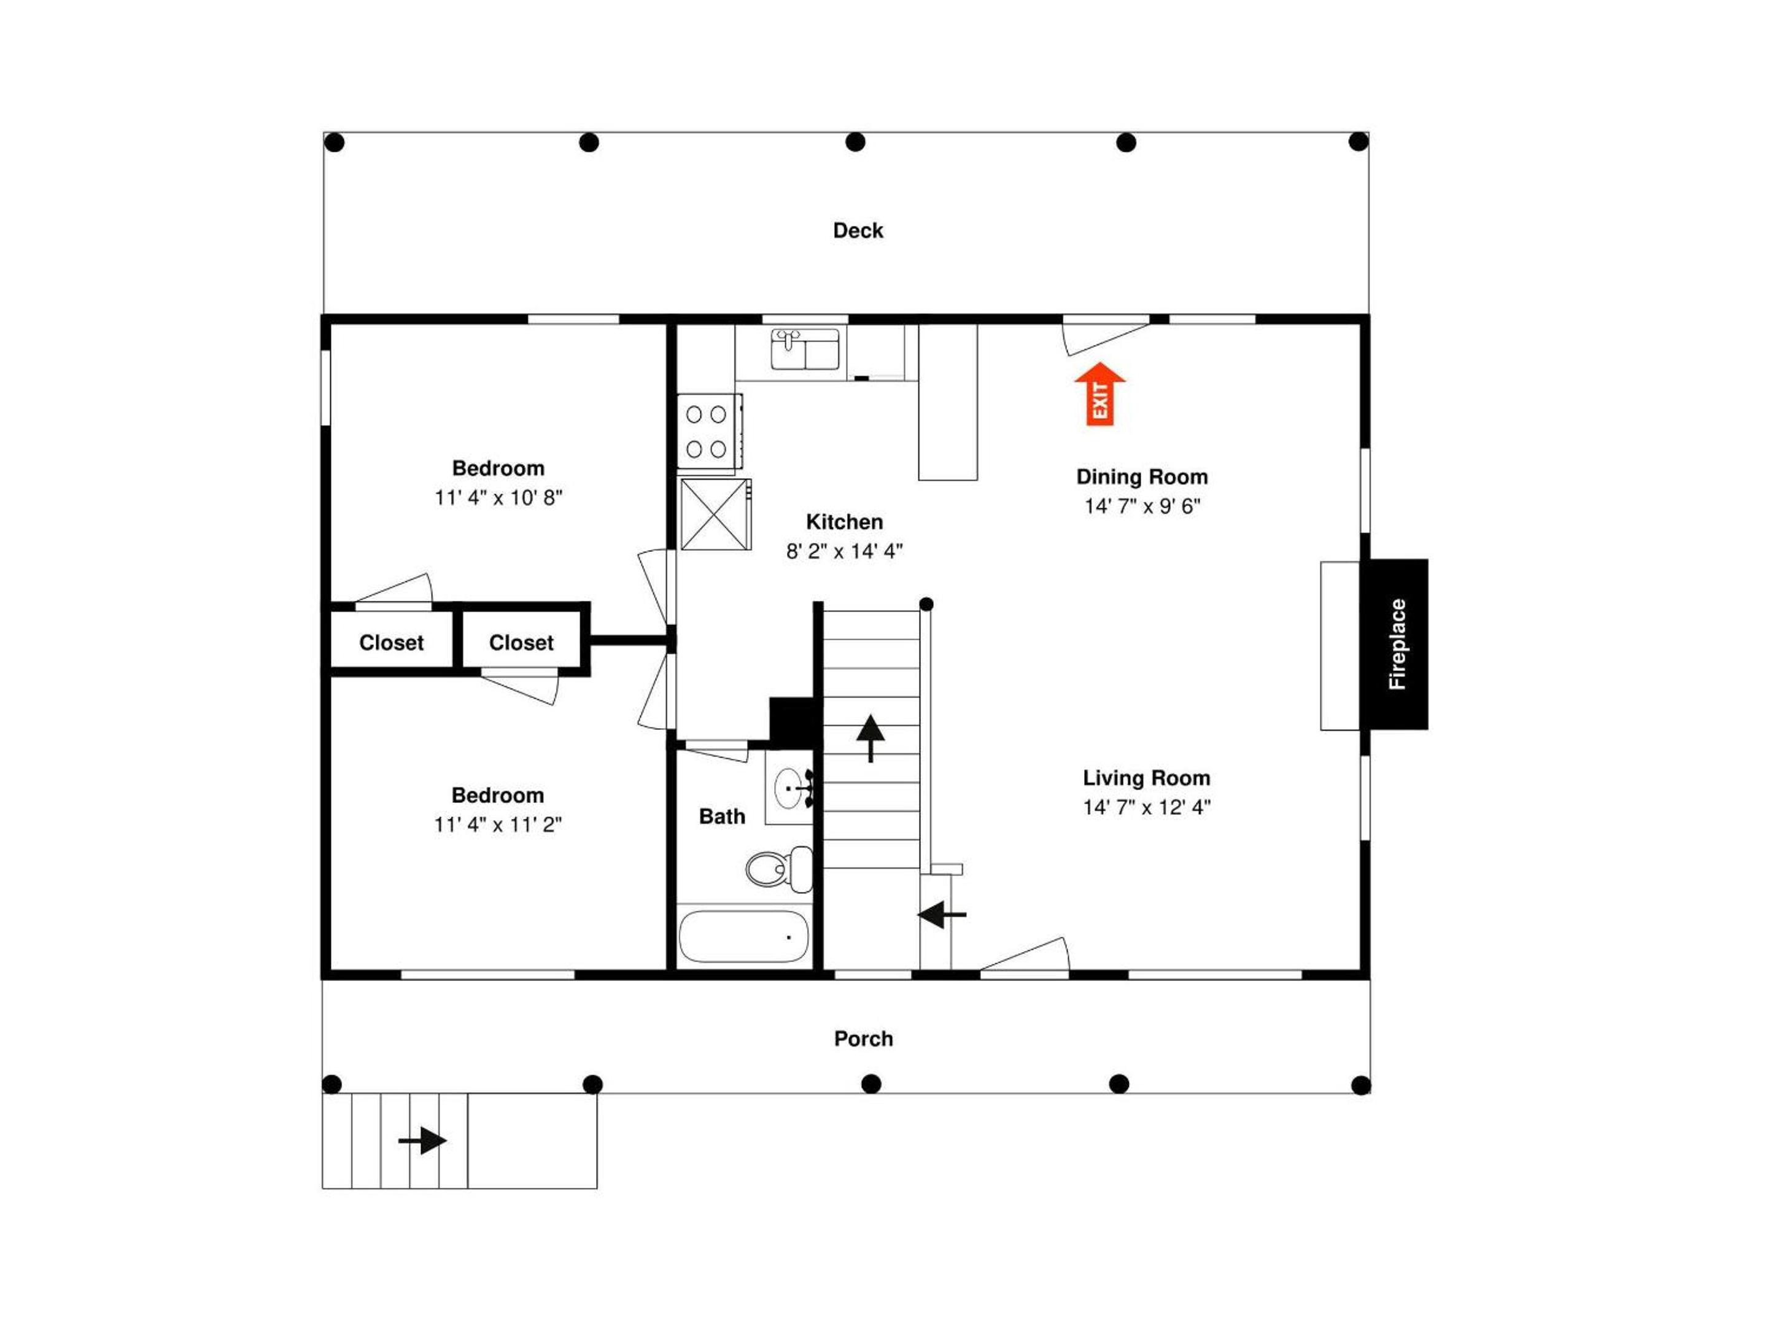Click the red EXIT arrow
(x=1100, y=394)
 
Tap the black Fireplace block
(x=1395, y=644)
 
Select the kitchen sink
(x=805, y=349)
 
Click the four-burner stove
(x=709, y=432)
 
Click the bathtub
(x=743, y=937)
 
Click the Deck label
(x=858, y=231)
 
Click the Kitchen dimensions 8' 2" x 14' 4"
(x=844, y=551)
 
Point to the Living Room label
(x=1146, y=778)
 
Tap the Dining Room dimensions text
(x=1142, y=506)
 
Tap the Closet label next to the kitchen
(x=521, y=643)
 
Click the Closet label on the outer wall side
(x=392, y=643)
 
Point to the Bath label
(x=722, y=816)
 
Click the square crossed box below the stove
(x=715, y=514)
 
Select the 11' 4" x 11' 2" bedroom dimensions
(x=498, y=825)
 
